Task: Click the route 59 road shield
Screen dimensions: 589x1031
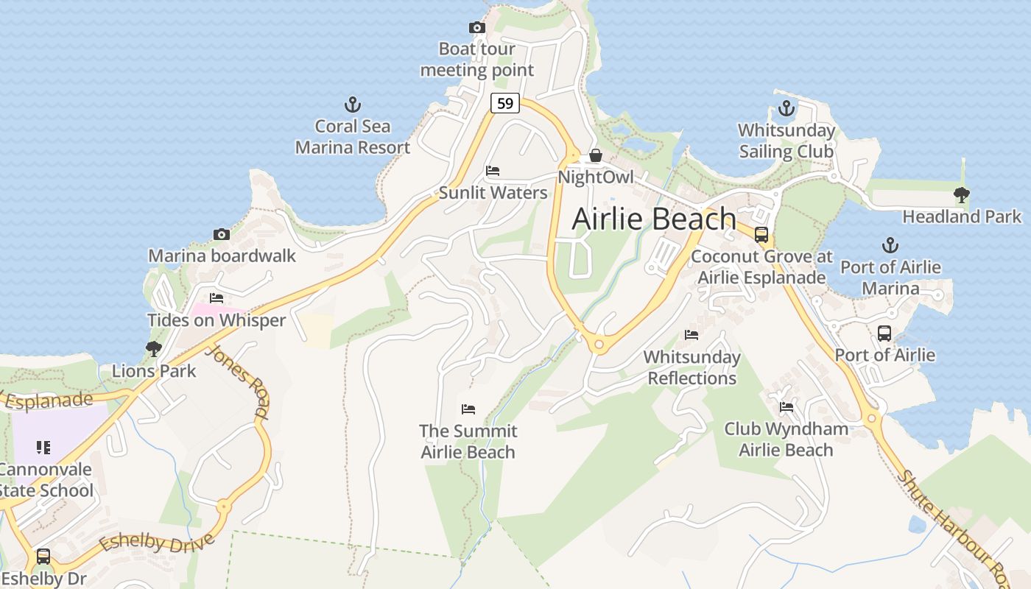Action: click(x=505, y=103)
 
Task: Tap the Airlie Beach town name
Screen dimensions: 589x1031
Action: click(x=654, y=219)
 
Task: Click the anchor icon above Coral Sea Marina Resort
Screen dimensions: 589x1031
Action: click(x=353, y=105)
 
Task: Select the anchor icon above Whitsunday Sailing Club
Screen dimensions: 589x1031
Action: click(x=787, y=109)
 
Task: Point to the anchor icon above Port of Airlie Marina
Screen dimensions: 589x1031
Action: click(x=890, y=245)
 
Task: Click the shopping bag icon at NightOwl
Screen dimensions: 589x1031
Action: click(x=595, y=155)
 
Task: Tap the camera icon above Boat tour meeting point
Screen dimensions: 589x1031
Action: click(x=477, y=28)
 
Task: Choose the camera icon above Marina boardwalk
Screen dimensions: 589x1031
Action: click(x=222, y=234)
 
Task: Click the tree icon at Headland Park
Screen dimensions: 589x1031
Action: click(x=961, y=194)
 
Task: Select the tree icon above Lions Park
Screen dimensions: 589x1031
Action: click(x=153, y=348)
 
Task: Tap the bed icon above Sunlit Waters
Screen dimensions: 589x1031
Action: click(x=493, y=171)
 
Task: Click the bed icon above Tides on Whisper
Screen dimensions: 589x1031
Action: click(x=216, y=298)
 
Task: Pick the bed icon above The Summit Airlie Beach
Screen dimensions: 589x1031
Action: click(x=468, y=409)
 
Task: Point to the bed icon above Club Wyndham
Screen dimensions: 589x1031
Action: click(x=786, y=406)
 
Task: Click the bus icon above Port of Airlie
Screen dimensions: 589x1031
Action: click(x=884, y=333)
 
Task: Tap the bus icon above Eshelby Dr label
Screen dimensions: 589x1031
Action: click(x=43, y=557)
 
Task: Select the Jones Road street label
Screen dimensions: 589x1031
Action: click(x=236, y=382)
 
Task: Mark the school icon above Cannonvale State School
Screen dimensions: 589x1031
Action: click(x=43, y=447)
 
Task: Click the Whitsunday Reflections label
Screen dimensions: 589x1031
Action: click(x=692, y=367)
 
